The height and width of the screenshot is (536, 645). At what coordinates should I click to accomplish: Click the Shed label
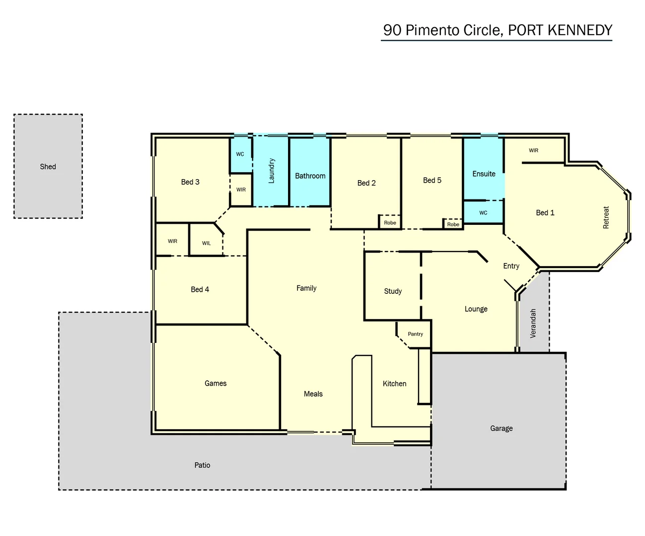pyautogui.click(x=48, y=167)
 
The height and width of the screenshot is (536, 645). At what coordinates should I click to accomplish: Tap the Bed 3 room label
pyautogui.click(x=190, y=182)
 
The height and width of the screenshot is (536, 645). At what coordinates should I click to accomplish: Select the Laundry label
pyautogui.click(x=271, y=171)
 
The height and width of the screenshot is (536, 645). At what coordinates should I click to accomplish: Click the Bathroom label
pyautogui.click(x=310, y=176)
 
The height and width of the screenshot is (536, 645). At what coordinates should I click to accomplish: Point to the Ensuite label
pyautogui.click(x=484, y=174)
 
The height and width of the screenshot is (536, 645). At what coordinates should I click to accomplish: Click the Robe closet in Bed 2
pyautogui.click(x=390, y=223)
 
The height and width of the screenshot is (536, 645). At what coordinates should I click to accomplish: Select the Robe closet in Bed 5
pyautogui.click(x=453, y=224)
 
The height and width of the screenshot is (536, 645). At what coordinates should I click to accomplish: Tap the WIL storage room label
pyautogui.click(x=206, y=243)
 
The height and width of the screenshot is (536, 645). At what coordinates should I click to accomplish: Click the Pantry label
pyautogui.click(x=415, y=334)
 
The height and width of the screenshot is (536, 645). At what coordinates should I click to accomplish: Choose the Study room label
pyautogui.click(x=393, y=291)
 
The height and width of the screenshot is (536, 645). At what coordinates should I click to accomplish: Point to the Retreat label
pyautogui.click(x=606, y=217)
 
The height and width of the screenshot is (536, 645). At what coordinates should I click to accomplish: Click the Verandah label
pyautogui.click(x=533, y=324)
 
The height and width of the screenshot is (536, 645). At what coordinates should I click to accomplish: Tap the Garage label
pyautogui.click(x=501, y=428)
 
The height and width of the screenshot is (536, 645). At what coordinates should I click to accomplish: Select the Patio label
pyautogui.click(x=202, y=465)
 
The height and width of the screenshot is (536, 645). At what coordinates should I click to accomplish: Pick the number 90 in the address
pyautogui.click(x=392, y=30)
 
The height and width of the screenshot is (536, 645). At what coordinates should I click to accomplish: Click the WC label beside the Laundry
pyautogui.click(x=240, y=154)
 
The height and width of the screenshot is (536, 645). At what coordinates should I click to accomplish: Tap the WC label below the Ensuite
pyautogui.click(x=483, y=213)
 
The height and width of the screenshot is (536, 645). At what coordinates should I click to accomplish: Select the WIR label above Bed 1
pyautogui.click(x=533, y=150)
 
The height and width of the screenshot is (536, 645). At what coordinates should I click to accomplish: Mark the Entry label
pyautogui.click(x=511, y=266)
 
